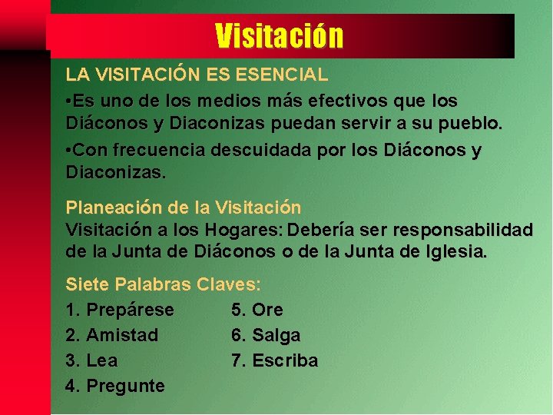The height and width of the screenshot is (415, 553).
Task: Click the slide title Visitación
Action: (279, 35)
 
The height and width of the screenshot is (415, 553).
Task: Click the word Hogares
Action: (231, 230)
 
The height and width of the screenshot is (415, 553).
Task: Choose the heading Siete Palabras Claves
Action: (163, 284)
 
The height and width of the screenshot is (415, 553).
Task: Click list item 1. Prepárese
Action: (120, 310)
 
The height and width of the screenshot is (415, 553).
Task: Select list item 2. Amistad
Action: (112, 335)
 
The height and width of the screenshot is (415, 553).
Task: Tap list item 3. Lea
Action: (92, 360)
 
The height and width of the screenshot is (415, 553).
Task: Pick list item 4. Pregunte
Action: (115, 386)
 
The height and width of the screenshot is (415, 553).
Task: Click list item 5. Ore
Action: (257, 310)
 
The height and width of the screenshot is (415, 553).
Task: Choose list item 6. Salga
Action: (266, 335)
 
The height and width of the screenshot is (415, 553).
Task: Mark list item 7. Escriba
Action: (274, 360)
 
